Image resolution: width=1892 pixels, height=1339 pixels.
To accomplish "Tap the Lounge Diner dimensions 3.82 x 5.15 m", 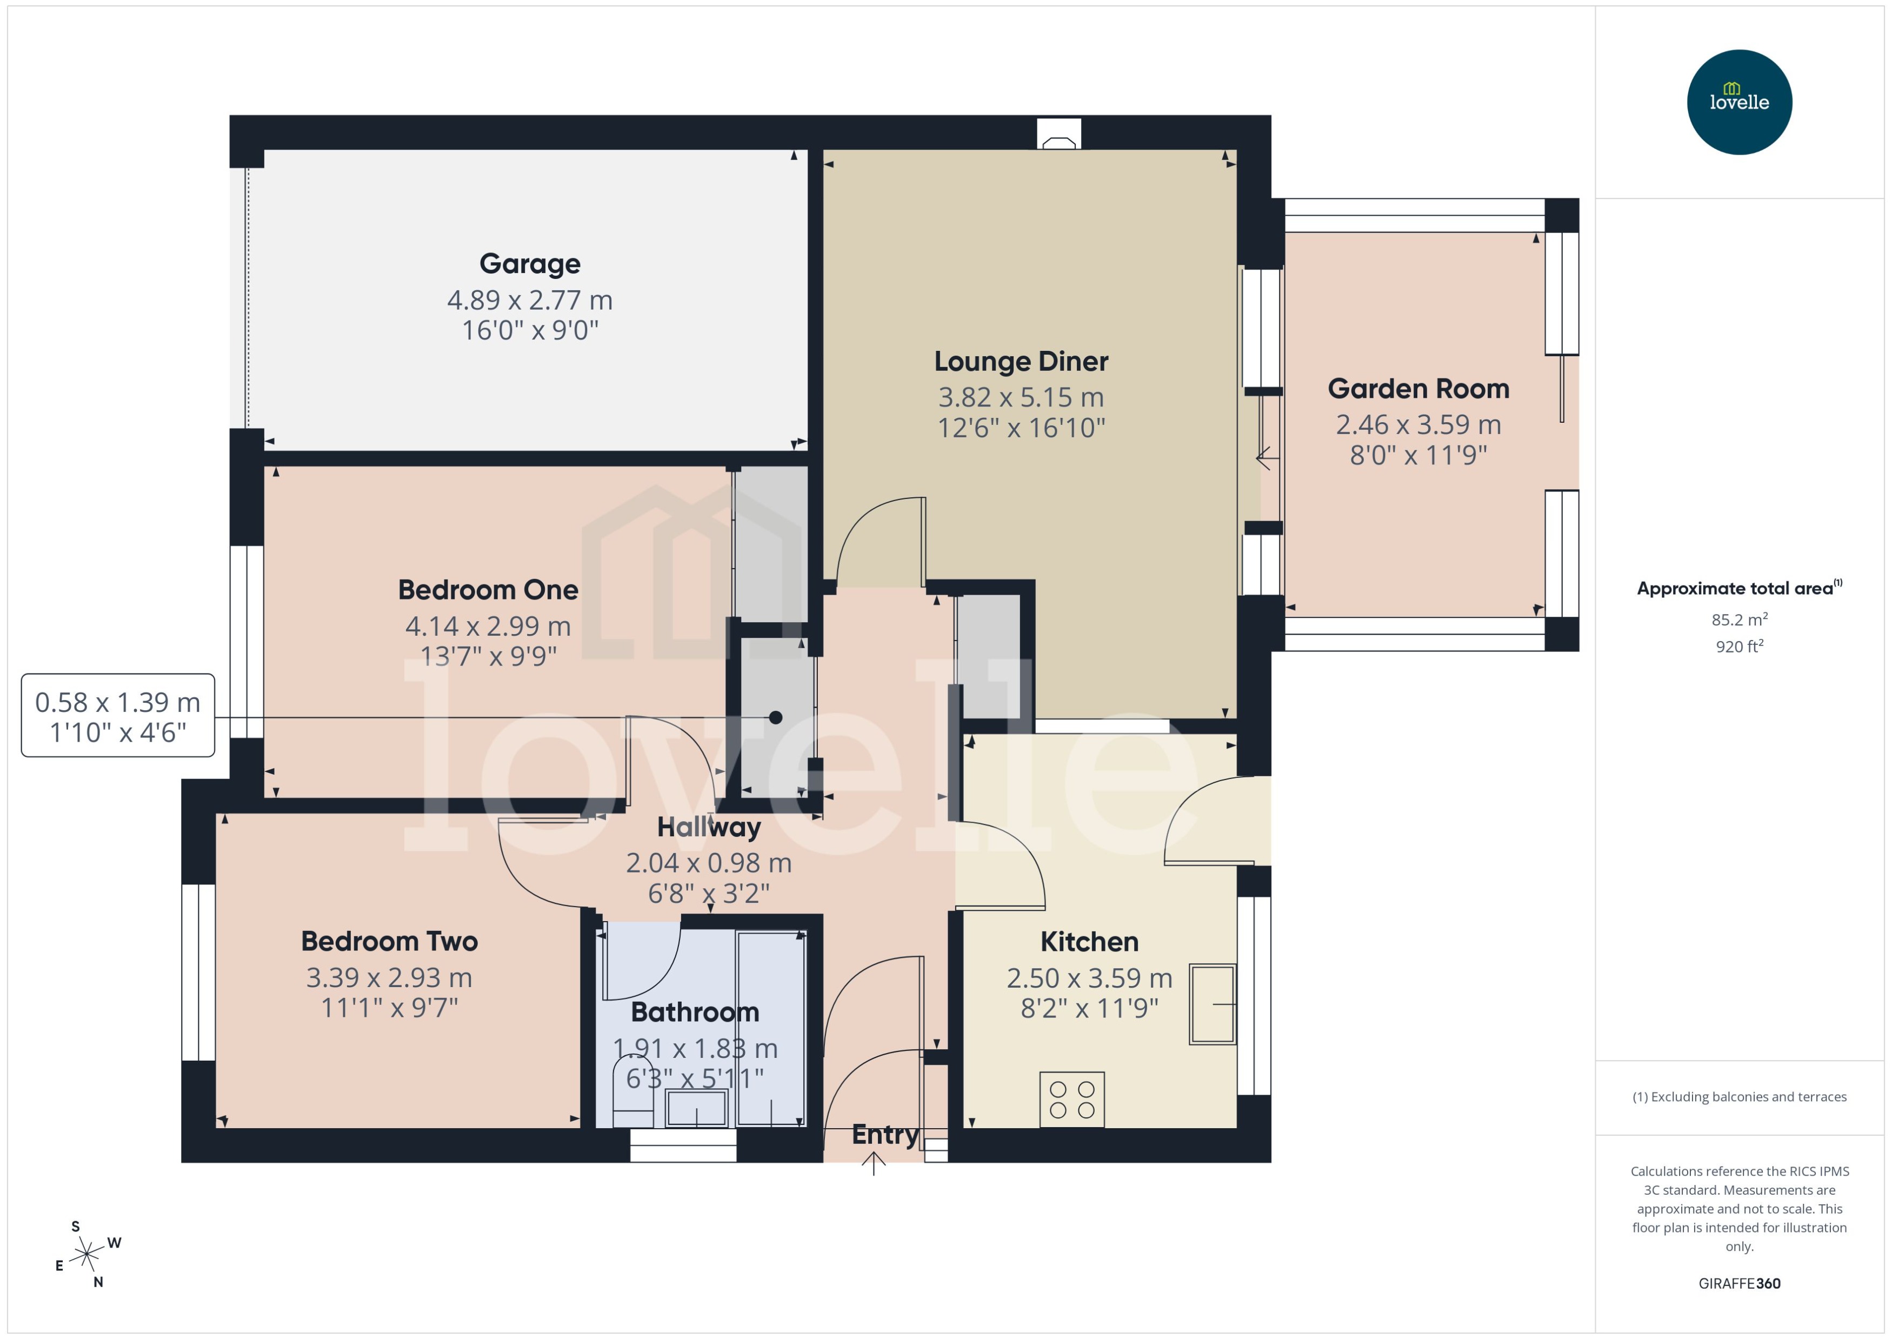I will [x=1021, y=397].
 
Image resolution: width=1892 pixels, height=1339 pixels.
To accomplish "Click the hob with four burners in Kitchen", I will [x=1072, y=1099].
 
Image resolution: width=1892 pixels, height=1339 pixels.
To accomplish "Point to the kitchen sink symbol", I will [x=1212, y=1004].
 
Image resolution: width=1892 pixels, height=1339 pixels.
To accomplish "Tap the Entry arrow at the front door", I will [x=873, y=1163].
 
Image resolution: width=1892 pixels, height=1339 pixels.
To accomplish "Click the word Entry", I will [x=884, y=1135].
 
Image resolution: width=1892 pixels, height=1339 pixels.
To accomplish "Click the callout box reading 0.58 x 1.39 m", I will [x=118, y=716].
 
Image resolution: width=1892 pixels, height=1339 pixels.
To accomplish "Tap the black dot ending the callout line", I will [x=775, y=717].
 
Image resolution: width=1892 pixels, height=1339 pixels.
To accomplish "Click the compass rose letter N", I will [x=98, y=1282].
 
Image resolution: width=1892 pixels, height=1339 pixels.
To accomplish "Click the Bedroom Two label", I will [x=389, y=942].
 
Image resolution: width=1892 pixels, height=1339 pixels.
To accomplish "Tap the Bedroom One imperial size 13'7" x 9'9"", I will [x=488, y=656].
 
